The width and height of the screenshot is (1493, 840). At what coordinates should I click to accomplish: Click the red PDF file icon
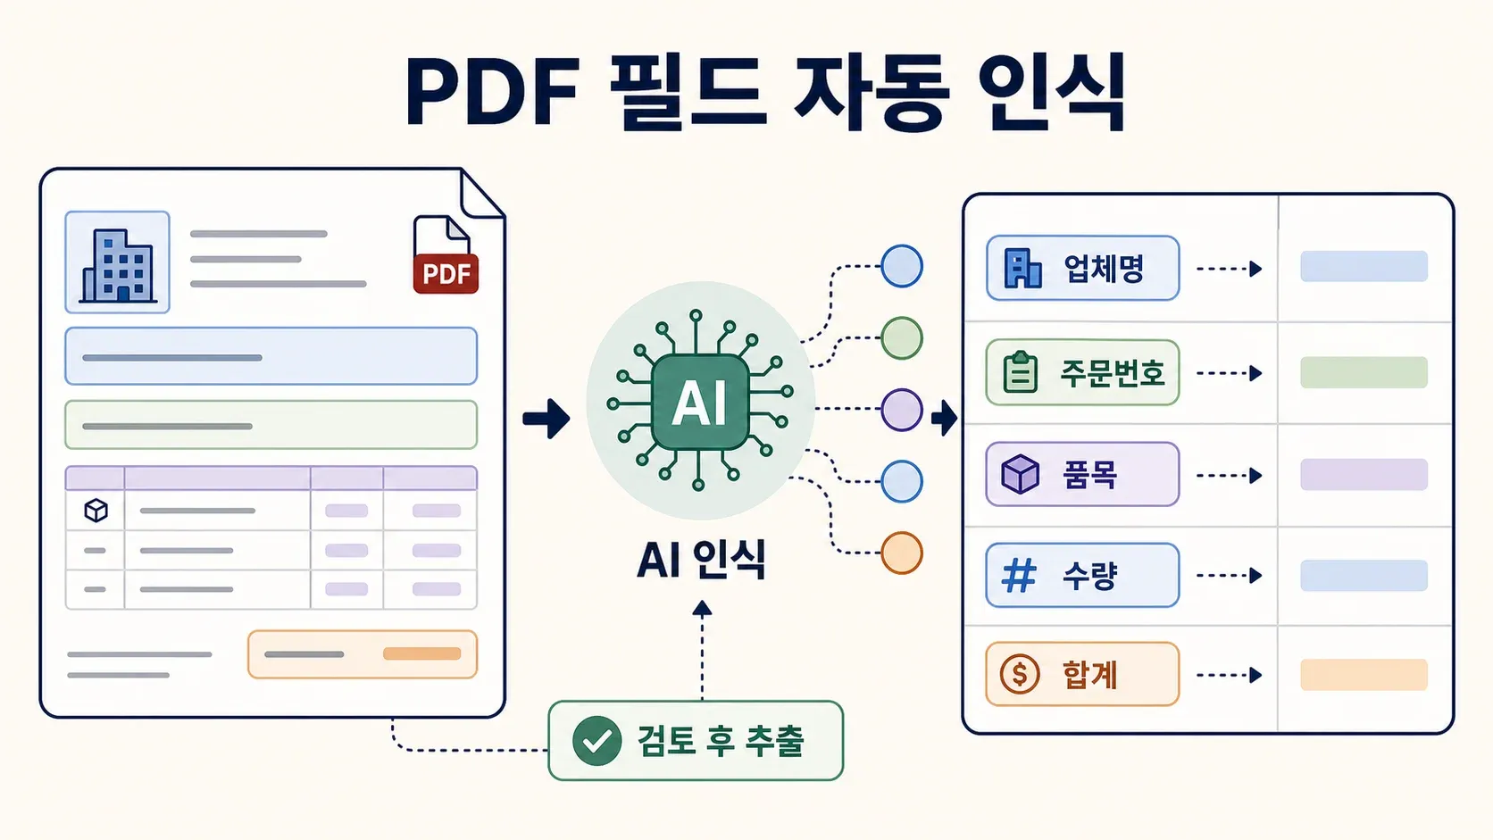[446, 255]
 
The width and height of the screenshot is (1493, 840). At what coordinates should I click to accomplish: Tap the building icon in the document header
[117, 265]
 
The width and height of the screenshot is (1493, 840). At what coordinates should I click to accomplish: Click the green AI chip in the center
[700, 402]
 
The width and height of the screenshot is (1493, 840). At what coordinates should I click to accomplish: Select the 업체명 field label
[1104, 269]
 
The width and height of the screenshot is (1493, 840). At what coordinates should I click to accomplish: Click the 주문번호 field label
[1113, 373]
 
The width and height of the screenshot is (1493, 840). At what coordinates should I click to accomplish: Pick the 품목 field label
[1089, 475]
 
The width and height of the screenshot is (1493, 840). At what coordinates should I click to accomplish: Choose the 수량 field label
[1089, 576]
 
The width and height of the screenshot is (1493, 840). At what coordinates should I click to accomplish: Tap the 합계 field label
[1089, 675]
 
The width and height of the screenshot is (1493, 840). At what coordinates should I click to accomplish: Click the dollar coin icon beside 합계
[1020, 674]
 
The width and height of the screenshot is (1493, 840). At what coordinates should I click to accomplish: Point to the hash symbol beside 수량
[1019, 576]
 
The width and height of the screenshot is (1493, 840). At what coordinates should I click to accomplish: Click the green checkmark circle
[596, 741]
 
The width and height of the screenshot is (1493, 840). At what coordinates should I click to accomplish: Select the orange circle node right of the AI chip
[902, 553]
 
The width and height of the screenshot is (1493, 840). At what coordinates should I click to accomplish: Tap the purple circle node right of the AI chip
[902, 410]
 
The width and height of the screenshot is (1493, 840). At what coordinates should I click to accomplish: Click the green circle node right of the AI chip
[902, 337]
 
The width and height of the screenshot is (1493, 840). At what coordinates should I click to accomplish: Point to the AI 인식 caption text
[701, 561]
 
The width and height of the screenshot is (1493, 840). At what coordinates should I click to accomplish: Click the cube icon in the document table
[96, 511]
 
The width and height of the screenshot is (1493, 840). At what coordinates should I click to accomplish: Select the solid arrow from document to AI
[546, 419]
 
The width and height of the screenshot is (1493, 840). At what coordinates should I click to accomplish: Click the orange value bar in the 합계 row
[1364, 675]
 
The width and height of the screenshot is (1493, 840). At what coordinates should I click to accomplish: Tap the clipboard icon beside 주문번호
[1020, 371]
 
